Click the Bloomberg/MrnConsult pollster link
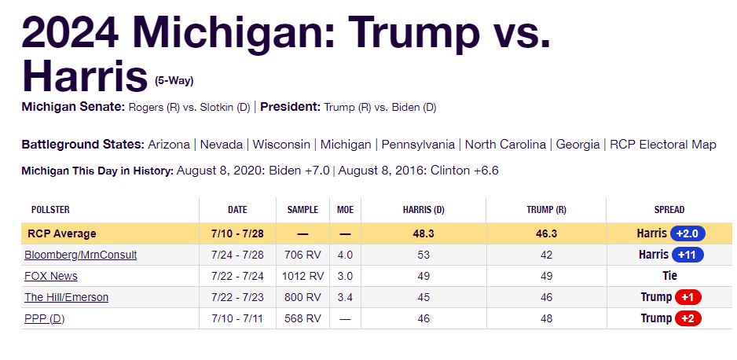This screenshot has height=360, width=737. click(x=81, y=255)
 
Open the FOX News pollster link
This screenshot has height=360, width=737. click(x=51, y=276)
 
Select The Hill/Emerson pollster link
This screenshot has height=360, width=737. click(x=67, y=297)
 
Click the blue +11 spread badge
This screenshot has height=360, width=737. click(x=687, y=255)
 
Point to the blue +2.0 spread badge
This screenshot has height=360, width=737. click(x=687, y=233)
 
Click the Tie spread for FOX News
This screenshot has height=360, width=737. click(x=669, y=276)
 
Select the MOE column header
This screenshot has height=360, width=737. click(x=345, y=210)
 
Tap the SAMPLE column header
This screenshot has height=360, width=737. click(x=302, y=210)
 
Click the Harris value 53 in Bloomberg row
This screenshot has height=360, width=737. click(x=425, y=255)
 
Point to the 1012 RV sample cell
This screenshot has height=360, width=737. click(x=302, y=276)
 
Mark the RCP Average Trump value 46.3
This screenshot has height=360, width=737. click(x=546, y=233)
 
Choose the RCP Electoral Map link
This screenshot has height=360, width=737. click(x=663, y=145)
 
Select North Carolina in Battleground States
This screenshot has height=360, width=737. click(x=505, y=145)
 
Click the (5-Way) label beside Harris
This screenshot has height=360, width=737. click(x=174, y=80)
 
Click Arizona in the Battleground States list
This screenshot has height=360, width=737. click(x=168, y=145)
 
